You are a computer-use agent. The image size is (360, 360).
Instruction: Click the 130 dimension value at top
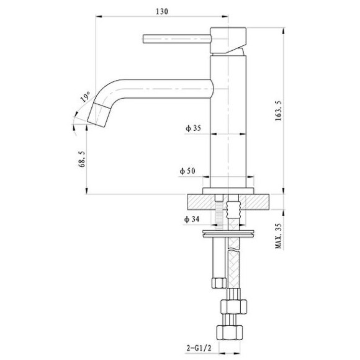point(162,11)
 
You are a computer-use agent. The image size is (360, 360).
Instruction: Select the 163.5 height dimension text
point(279,111)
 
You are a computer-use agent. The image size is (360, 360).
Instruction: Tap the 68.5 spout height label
point(83,159)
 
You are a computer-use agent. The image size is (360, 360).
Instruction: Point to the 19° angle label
point(85,96)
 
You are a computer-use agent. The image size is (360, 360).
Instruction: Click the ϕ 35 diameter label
point(193,128)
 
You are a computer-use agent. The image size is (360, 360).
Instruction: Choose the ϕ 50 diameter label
point(187,171)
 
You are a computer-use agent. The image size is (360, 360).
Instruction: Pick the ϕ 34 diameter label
point(191,220)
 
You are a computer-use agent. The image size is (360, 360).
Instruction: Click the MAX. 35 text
point(278,236)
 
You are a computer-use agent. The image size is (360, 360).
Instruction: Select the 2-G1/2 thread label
point(199,348)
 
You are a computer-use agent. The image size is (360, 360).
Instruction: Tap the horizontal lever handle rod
point(177,39)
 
